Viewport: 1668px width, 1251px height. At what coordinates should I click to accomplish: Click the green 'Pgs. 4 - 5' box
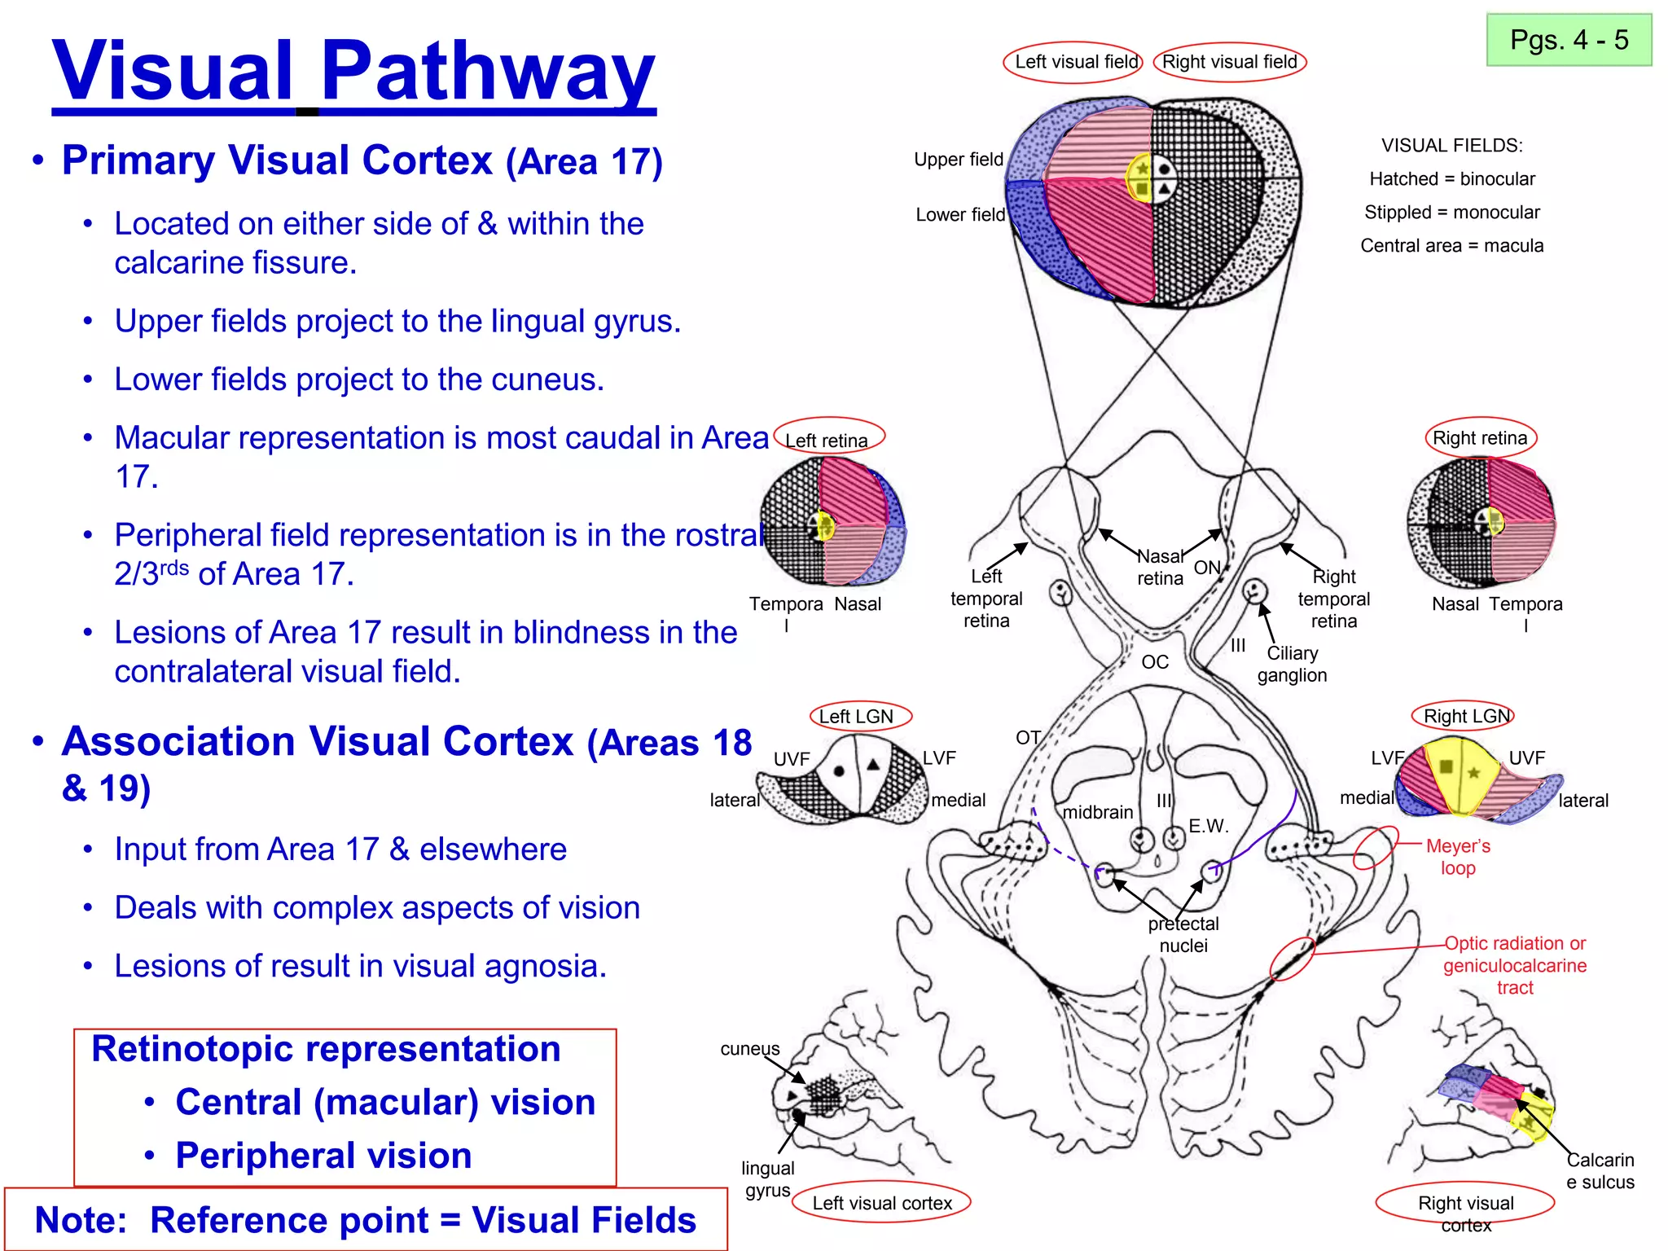1568,40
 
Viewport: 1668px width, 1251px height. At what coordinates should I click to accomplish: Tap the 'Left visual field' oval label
1074,62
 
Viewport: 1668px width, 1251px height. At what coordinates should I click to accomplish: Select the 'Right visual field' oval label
1229,62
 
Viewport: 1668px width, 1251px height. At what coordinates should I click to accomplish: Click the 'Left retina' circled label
827,440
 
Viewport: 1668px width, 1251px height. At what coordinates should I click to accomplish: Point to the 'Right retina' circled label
1480,438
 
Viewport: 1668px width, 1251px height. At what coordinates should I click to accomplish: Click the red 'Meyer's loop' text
1458,857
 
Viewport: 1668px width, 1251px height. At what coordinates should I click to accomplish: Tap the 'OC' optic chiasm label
1155,662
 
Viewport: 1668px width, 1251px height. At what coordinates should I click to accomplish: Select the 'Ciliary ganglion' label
1292,664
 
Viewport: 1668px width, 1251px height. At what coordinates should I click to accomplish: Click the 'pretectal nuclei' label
1183,934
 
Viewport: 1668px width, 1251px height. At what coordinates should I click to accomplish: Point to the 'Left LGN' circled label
857,717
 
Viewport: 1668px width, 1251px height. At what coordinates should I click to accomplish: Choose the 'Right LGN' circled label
1466,717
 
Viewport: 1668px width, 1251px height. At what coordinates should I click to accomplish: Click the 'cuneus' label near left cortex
749,1049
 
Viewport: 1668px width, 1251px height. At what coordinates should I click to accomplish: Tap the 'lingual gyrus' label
766,1179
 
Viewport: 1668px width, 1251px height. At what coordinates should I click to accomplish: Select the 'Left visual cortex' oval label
882,1203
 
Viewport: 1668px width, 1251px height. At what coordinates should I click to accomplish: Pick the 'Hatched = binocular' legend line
1451,179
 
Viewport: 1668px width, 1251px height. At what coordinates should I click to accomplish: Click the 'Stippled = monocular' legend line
1451,213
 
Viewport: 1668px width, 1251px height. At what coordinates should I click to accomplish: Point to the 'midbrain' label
1098,812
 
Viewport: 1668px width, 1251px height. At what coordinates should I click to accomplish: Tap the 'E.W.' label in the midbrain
1208,826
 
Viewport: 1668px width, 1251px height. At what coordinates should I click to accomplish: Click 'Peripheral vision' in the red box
323,1156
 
